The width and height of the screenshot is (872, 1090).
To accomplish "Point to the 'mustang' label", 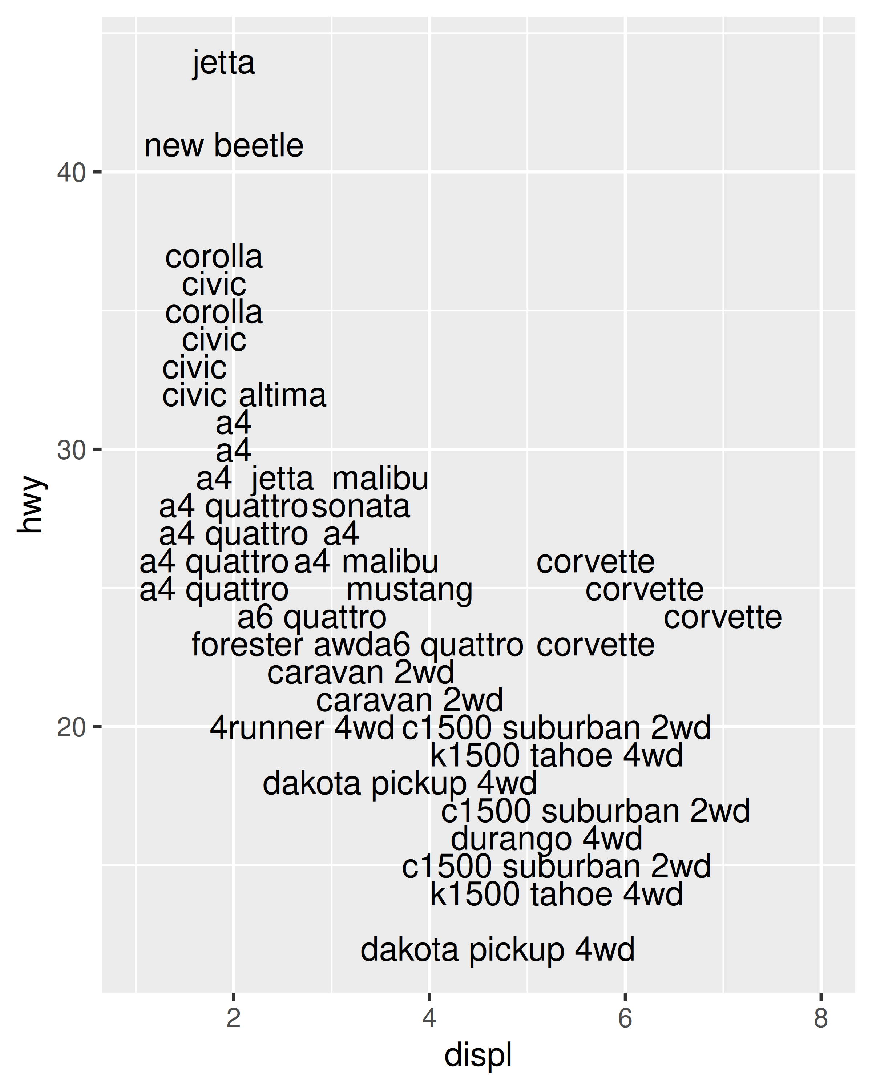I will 409,590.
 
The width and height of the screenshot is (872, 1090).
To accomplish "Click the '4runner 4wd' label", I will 302,728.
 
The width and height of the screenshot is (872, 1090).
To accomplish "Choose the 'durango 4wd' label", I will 546,839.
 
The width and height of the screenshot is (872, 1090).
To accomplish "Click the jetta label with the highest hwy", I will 223,63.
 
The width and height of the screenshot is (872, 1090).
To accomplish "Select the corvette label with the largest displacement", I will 722,618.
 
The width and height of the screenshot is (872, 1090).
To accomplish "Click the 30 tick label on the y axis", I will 71,450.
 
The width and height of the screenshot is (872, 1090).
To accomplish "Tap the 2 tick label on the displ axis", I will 234,1018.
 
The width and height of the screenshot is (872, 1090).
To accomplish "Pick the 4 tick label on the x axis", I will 429,1018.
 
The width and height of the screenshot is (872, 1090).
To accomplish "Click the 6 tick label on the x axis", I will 625,1018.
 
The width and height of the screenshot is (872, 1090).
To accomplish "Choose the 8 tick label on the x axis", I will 821,1018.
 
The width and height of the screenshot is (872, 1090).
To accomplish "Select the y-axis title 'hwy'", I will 30,505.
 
